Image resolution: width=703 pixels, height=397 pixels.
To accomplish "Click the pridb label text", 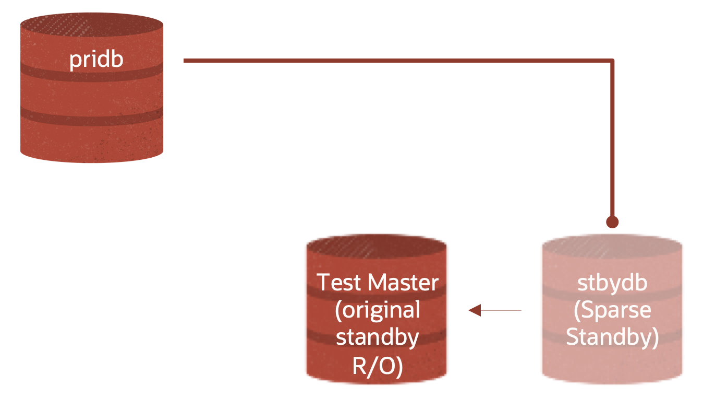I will click(96, 59).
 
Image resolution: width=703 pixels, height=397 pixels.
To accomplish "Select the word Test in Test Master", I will click(339, 283).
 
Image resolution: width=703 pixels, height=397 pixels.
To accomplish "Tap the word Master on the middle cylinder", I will click(403, 283).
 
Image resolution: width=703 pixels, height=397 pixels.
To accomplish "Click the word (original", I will click(378, 310).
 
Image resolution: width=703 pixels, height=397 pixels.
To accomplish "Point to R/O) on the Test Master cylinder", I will click(378, 366).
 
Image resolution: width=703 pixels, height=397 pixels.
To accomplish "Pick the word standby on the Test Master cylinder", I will click(378, 337).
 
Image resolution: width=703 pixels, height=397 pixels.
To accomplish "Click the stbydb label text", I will click(612, 283).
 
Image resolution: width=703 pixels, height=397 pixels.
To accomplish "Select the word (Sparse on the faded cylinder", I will click(612, 310).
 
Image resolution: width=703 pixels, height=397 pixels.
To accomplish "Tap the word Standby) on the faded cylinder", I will click(612, 337).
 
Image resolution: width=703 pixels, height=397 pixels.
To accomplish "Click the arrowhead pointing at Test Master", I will click(474, 310).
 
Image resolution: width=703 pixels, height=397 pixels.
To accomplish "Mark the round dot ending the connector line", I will click(612, 222).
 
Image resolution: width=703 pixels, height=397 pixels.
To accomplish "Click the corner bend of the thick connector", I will click(612, 62).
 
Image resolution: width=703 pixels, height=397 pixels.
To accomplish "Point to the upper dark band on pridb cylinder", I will click(92, 72).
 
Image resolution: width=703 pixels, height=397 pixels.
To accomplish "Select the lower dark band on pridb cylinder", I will click(92, 115).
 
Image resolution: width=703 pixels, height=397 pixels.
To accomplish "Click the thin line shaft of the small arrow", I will click(501, 310).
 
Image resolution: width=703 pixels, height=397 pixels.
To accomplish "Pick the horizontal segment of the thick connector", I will click(396, 61).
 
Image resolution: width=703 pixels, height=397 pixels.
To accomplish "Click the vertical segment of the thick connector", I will click(612, 141).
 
